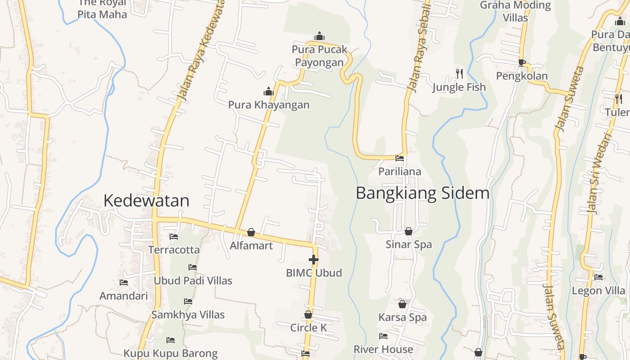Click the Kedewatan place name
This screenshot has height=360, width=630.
(x=146, y=201)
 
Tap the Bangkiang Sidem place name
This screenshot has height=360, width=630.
(x=422, y=193)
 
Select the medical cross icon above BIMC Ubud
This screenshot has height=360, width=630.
(x=314, y=260)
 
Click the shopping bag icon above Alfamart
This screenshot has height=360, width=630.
(x=251, y=232)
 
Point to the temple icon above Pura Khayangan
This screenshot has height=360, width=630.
(x=269, y=92)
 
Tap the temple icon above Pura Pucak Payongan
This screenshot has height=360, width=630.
(x=319, y=36)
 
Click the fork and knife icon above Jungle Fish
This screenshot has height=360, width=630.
(x=459, y=73)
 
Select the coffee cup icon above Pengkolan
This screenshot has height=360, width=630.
(x=522, y=63)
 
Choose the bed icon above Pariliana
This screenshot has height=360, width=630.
(x=400, y=158)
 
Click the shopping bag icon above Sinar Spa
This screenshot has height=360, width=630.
(x=409, y=231)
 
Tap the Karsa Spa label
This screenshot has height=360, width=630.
(x=402, y=317)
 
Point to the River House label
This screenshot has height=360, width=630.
(x=383, y=349)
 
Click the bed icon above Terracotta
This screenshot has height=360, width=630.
(x=174, y=237)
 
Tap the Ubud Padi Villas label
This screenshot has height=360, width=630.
(x=193, y=281)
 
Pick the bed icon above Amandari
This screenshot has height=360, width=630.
(x=124, y=283)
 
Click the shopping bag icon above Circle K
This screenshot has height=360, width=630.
(x=308, y=315)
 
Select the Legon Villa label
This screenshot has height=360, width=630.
(x=598, y=291)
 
